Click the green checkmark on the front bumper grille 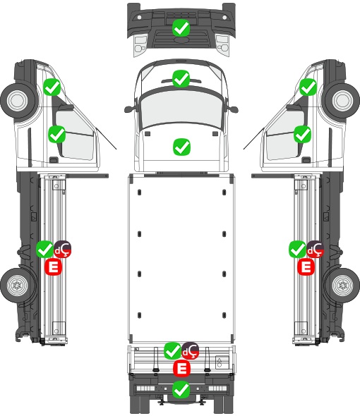181,28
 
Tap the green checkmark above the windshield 181,78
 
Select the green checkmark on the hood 181,147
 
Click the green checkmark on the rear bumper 181,389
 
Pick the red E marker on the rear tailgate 181,369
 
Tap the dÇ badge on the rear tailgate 190,350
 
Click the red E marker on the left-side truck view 53,267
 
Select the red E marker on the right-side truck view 306,267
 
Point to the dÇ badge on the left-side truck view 62,249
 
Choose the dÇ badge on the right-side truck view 315,249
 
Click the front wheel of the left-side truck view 18,100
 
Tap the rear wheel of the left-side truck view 17,286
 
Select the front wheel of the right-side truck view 342,100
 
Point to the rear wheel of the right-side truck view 342,286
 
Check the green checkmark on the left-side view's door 57,134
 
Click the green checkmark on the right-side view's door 302,134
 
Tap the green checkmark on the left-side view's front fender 52,87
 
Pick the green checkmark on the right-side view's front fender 308,87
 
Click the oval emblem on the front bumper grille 181,39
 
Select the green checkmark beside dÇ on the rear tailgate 173,350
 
